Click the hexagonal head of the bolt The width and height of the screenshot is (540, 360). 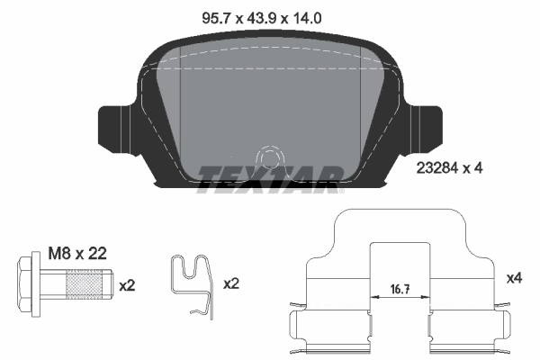click(28, 285)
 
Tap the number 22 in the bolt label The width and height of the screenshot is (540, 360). click(97, 254)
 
